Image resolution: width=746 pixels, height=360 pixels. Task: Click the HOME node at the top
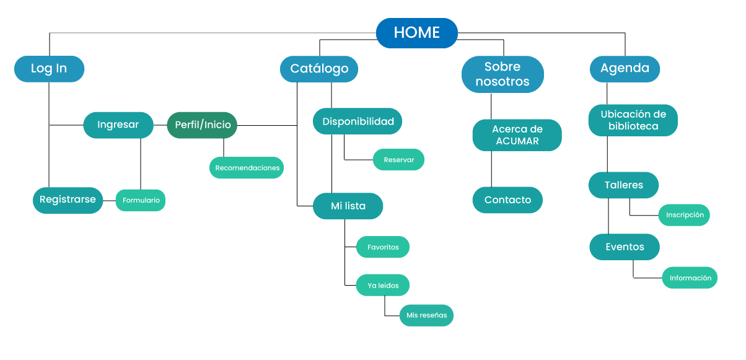[x=417, y=33]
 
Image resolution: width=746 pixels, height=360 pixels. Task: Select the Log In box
[x=49, y=69]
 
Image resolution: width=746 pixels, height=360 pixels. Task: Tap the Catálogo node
[x=319, y=69]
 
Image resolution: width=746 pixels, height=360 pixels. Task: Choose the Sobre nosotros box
[x=502, y=74]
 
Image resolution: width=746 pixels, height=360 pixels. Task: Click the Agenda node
[x=625, y=69]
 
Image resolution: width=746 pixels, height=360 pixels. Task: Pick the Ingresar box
[x=118, y=125]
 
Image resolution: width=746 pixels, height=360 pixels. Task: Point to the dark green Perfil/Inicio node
[x=203, y=125]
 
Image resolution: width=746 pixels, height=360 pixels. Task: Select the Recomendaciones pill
[x=247, y=168]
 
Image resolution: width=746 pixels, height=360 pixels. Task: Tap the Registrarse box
[x=68, y=200]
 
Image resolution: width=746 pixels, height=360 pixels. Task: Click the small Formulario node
[x=141, y=200]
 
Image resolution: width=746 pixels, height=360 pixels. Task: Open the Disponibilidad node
[x=358, y=121]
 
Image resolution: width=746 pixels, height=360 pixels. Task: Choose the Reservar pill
[x=398, y=160]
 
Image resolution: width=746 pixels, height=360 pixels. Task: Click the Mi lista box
[x=348, y=206]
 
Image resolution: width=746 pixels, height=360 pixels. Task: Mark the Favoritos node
[x=383, y=247]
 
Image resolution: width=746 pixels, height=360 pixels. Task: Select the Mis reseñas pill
[x=426, y=315]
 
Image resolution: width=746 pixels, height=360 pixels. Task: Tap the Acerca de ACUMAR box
[x=517, y=135]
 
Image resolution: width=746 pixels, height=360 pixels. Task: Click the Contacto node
[x=507, y=200]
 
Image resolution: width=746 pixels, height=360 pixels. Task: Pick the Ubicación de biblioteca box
[x=633, y=120]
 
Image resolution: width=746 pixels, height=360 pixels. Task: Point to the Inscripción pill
[x=684, y=215]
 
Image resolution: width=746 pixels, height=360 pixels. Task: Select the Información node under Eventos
[x=690, y=278]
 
